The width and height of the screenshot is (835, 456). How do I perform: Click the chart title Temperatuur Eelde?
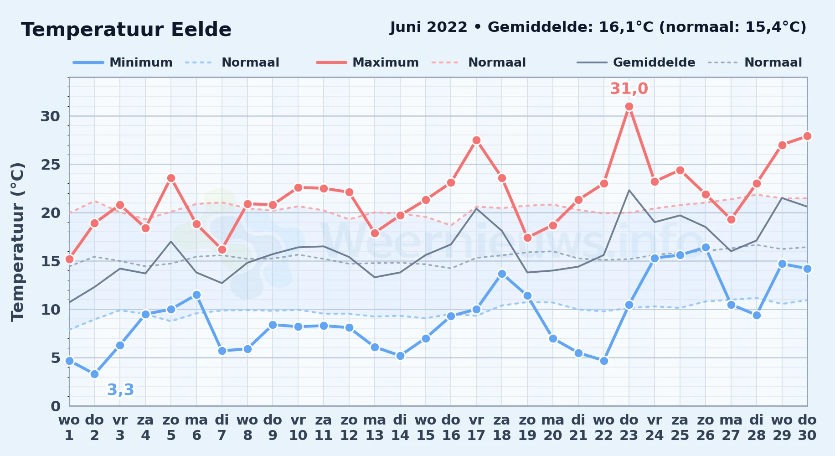click(x=126, y=30)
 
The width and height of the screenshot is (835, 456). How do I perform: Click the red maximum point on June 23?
click(x=629, y=106)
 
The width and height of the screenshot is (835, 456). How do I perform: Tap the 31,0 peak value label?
click(x=629, y=88)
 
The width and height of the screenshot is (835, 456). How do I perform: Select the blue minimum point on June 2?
click(x=94, y=374)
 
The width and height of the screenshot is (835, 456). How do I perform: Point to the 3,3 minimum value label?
click(x=121, y=390)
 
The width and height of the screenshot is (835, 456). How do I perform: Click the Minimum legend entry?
click(x=123, y=62)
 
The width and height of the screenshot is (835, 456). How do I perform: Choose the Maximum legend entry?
click(x=367, y=62)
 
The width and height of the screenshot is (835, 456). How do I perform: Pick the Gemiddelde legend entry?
click(x=636, y=62)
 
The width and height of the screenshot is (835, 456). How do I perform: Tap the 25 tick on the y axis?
click(x=51, y=164)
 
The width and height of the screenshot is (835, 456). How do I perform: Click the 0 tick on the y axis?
click(x=56, y=406)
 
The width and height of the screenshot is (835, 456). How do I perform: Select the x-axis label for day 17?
click(x=476, y=428)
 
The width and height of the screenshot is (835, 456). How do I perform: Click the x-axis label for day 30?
click(x=807, y=428)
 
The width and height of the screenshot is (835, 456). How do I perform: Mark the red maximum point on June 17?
click(x=476, y=140)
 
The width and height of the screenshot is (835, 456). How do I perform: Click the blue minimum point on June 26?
click(x=706, y=247)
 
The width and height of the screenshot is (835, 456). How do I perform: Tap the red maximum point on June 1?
click(x=69, y=259)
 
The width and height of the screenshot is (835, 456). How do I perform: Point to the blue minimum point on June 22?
click(x=604, y=361)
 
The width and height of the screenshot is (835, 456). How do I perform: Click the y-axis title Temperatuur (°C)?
click(x=17, y=242)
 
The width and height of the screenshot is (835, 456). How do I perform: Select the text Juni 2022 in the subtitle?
click(x=429, y=27)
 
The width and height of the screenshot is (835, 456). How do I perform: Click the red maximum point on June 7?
click(x=222, y=249)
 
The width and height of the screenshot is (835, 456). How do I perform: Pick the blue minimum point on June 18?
click(x=502, y=274)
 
